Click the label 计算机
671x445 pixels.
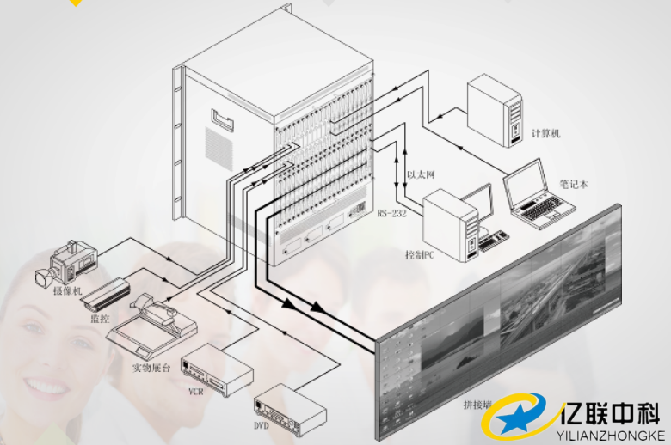[x=545, y=134]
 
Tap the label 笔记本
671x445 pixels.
[x=575, y=183]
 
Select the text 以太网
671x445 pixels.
[x=421, y=174]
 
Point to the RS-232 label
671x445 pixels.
[x=391, y=212]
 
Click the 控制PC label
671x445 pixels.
[x=421, y=255]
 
